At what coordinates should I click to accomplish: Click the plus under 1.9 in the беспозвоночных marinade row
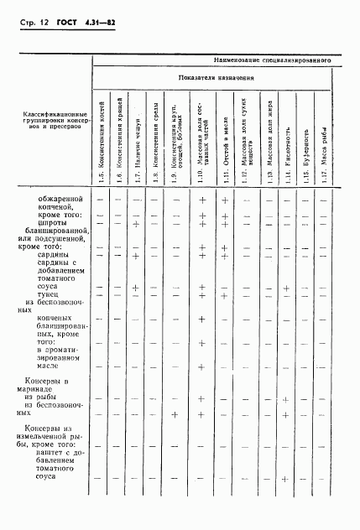(175, 414)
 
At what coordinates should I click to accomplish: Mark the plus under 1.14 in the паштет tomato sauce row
(287, 479)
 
